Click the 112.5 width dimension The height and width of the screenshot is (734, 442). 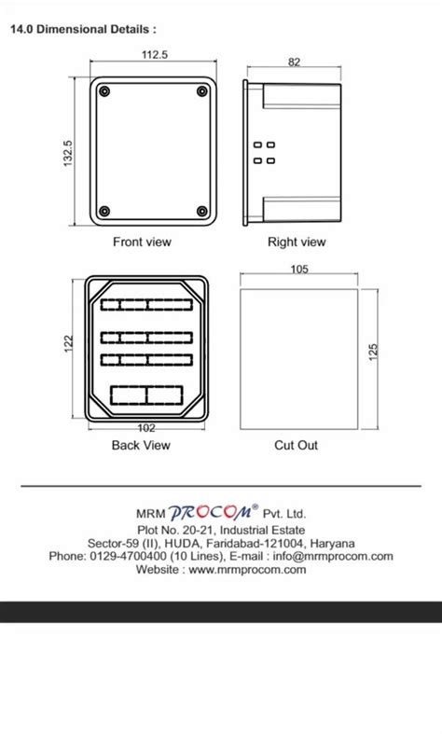tap(155, 55)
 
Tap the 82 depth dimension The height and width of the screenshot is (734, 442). tap(295, 62)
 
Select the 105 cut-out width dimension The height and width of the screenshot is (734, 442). tap(299, 270)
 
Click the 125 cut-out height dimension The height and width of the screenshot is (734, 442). tap(373, 353)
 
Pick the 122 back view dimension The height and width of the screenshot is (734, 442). tap(68, 345)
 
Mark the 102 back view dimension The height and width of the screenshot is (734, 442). tap(146, 428)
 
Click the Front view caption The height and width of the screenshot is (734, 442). tap(142, 242)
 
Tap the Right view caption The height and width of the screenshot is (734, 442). tap(297, 242)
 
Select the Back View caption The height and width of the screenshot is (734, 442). tap(141, 446)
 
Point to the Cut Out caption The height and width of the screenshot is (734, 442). tap(296, 446)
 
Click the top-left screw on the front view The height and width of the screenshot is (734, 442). tap(104, 91)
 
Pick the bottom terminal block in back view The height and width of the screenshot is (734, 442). tap(146, 395)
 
